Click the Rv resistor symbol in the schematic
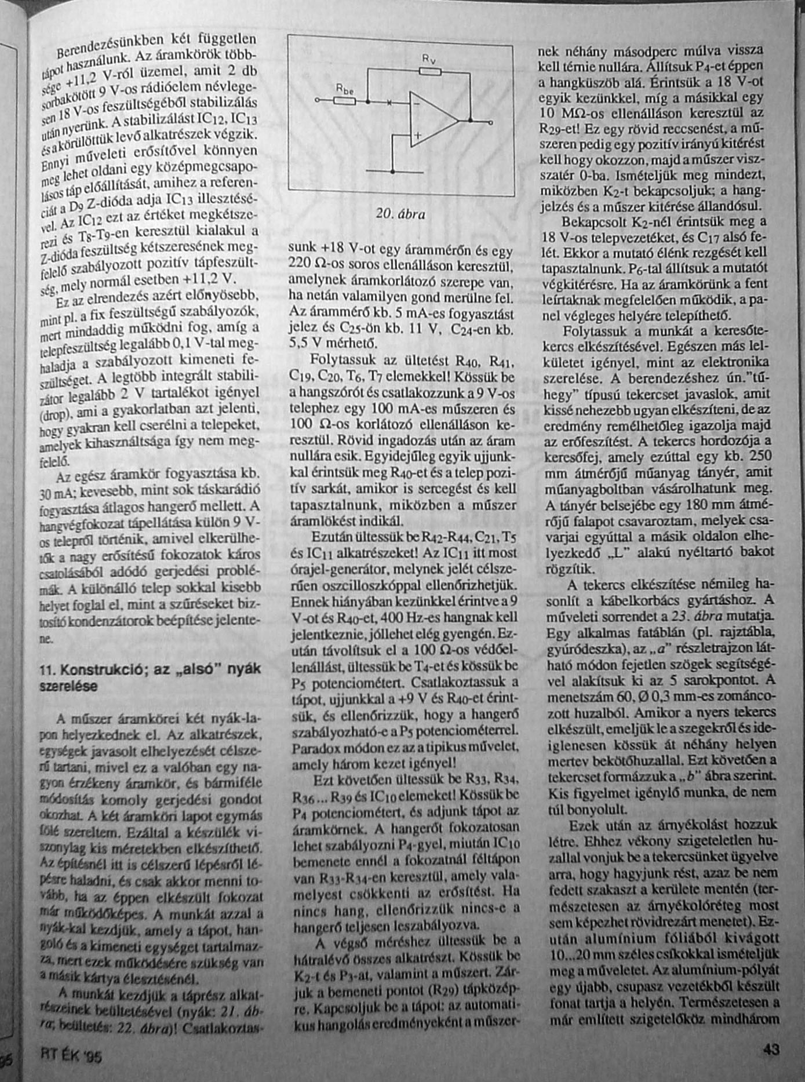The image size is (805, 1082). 429,71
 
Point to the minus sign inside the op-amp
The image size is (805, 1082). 417,104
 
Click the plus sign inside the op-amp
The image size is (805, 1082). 416,138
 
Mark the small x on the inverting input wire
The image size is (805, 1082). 389,102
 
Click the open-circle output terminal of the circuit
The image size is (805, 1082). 491,122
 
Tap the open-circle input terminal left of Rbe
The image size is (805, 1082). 317,100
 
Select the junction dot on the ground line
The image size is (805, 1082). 392,172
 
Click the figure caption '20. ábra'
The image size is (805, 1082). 400,214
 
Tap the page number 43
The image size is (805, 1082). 770,1049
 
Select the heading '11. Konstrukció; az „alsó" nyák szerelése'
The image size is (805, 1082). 150,677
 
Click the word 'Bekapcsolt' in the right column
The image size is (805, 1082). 591,222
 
